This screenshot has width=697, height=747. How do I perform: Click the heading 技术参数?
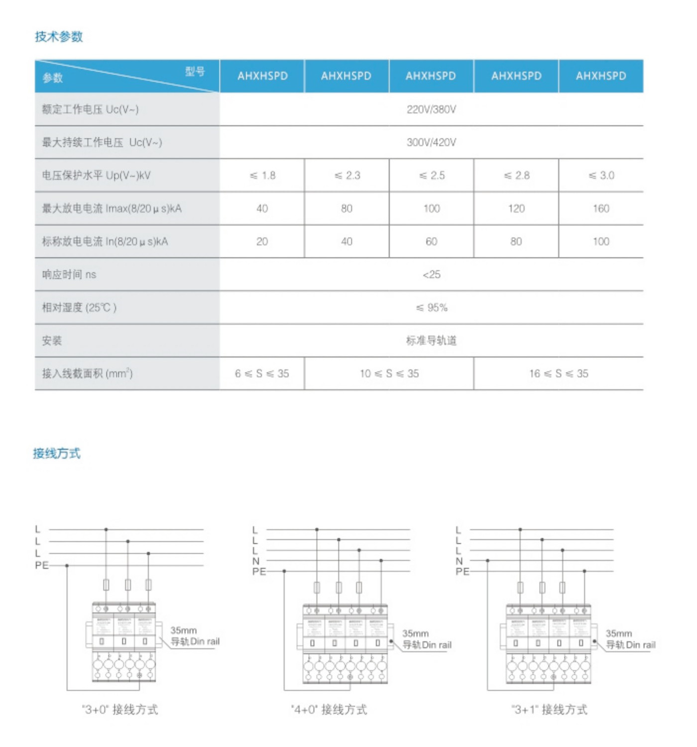pyautogui.click(x=59, y=37)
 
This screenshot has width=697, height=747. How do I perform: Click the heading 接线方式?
pyautogui.click(x=57, y=453)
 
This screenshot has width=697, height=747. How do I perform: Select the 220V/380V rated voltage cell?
pyautogui.click(x=431, y=110)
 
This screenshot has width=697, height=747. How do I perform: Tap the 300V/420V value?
pyautogui.click(x=431, y=142)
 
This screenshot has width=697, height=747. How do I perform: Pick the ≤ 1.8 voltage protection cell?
pyautogui.click(x=262, y=175)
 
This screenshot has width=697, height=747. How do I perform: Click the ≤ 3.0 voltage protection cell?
pyautogui.click(x=601, y=175)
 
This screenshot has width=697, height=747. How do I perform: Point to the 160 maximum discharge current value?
pyautogui.click(x=601, y=209)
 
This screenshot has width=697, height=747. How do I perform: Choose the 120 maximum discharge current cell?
pyautogui.click(x=516, y=209)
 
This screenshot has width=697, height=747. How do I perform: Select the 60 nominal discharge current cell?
pyautogui.click(x=431, y=242)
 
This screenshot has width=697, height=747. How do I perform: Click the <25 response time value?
pyautogui.click(x=431, y=274)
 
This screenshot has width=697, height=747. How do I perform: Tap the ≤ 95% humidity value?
pyautogui.click(x=431, y=308)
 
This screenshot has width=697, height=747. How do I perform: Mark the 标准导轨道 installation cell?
pyautogui.click(x=431, y=341)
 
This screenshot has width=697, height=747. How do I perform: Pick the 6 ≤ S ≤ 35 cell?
pyautogui.click(x=262, y=373)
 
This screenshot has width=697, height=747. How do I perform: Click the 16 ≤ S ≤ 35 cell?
pyautogui.click(x=559, y=373)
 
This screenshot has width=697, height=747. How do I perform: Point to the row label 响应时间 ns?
pyautogui.click(x=69, y=274)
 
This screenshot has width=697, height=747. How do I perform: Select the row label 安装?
pyautogui.click(x=52, y=341)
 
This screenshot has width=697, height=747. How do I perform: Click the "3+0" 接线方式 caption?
pyautogui.click(x=120, y=710)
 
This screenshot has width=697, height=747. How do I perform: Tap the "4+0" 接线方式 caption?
pyautogui.click(x=329, y=710)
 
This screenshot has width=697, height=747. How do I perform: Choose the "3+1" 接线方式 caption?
pyautogui.click(x=549, y=710)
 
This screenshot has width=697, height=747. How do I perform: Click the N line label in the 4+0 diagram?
pyautogui.click(x=256, y=561)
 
